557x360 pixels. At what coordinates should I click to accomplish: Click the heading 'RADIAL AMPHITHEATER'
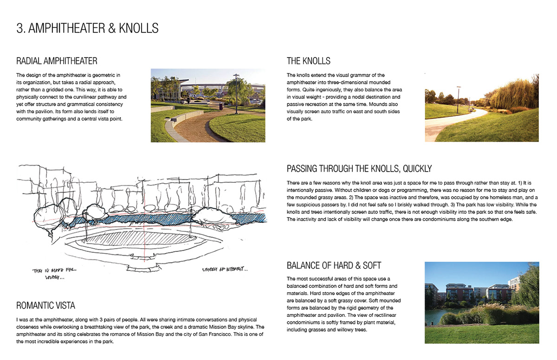57,61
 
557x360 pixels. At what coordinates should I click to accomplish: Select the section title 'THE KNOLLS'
308,61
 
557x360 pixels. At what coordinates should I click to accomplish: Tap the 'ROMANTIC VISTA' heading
45,305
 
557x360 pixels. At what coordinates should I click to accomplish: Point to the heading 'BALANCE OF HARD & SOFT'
334,265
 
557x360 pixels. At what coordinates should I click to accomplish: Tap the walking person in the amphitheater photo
188,101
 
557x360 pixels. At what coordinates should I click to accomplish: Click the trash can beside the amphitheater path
220,106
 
